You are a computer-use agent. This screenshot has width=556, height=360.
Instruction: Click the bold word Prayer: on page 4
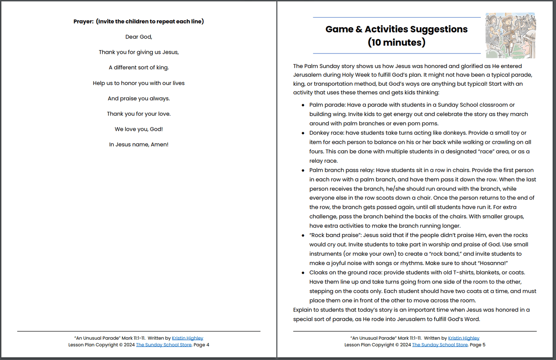pos(83,22)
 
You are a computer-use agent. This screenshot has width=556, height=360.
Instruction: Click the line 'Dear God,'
pos(139,37)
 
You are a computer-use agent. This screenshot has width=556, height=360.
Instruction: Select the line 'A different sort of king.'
pos(139,68)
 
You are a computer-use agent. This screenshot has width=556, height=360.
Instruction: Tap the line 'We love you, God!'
pos(139,129)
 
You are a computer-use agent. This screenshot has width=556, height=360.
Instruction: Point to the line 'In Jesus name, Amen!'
pos(139,145)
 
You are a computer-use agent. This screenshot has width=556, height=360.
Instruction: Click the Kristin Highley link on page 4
pos(187,338)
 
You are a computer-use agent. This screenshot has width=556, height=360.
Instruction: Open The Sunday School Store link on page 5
pos(440,345)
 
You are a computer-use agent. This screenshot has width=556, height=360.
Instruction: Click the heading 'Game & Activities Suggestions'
pos(396,29)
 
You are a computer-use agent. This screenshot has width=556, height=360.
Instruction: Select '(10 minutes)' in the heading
pos(396,42)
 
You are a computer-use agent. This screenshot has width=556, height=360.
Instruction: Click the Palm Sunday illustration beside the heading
pos(510,35)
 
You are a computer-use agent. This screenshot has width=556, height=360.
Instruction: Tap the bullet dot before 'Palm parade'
pos(303,105)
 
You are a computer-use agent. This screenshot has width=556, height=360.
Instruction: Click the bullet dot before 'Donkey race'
pos(303,133)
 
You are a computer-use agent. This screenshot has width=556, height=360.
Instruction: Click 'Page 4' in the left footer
pos(201,345)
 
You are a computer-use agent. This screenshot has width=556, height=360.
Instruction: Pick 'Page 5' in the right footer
pos(478,345)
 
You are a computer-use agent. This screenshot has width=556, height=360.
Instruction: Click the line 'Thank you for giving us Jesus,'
pos(139,52)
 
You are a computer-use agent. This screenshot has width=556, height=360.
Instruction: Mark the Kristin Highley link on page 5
pos(464,338)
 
